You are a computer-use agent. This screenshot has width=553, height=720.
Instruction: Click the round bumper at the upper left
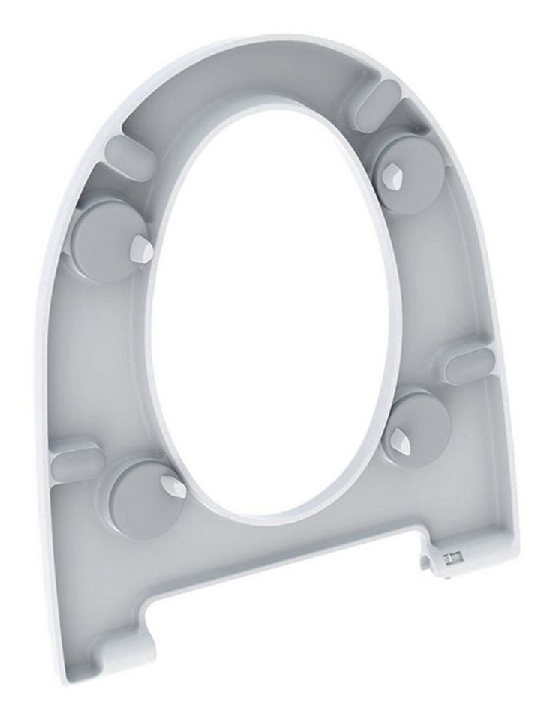(x=105, y=240)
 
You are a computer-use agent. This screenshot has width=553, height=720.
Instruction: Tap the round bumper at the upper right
(x=409, y=174)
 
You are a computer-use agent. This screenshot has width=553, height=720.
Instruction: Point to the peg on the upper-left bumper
(x=141, y=249)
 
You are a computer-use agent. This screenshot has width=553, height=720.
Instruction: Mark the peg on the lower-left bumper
(x=176, y=488)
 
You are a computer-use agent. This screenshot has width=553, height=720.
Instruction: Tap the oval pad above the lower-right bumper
(x=467, y=366)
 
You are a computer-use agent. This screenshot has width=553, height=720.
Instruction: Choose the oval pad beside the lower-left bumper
(x=76, y=460)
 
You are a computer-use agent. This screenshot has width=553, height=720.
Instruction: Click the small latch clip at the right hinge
(x=452, y=556)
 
